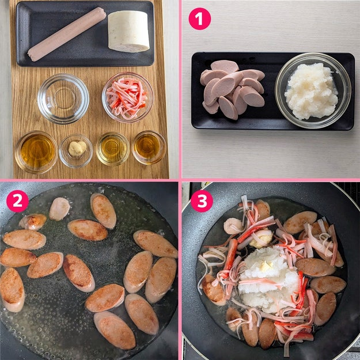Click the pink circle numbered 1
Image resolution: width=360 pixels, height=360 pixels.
tap(199, 18)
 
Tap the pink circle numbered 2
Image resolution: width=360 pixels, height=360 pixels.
tap(17, 201)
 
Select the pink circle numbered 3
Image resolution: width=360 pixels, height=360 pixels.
tap(202, 201)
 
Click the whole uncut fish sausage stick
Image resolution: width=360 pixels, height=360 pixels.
tap(67, 35)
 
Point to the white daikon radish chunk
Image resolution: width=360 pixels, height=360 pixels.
tap(128, 31)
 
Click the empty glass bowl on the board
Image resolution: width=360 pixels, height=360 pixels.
tap(63, 98)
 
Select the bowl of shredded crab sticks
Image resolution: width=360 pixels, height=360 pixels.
tap(128, 97)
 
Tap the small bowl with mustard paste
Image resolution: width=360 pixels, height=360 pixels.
tap(76, 151)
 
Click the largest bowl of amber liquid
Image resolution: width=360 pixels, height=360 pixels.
tap(36, 152)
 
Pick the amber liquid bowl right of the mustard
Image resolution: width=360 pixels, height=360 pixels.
tap(113, 149)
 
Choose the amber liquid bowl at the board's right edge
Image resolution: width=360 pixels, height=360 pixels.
tap(149, 147)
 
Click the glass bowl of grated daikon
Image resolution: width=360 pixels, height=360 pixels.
tap(313, 90)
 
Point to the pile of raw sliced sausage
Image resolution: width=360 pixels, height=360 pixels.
tap(232, 88)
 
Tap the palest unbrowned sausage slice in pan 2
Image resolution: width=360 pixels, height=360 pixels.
tap(59, 209)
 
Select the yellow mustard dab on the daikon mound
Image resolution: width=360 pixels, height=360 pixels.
tap(266, 266)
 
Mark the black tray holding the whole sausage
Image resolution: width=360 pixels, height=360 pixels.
tap(85, 34)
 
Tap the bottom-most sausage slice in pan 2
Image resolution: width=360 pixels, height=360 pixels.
tap(115, 330)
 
